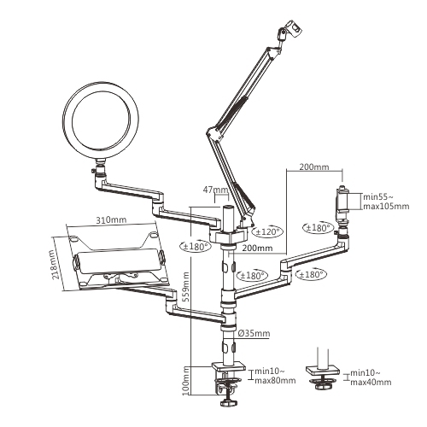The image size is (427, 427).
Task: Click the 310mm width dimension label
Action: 111,220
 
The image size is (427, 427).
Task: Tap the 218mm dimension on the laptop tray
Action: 53,265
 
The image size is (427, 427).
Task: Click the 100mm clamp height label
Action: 185,380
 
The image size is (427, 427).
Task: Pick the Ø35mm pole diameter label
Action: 253,333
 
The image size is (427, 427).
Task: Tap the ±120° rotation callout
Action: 267,231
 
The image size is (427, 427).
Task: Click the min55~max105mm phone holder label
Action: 386,202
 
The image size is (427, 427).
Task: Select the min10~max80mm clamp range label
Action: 275,376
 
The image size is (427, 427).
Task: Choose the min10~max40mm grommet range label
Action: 371,377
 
